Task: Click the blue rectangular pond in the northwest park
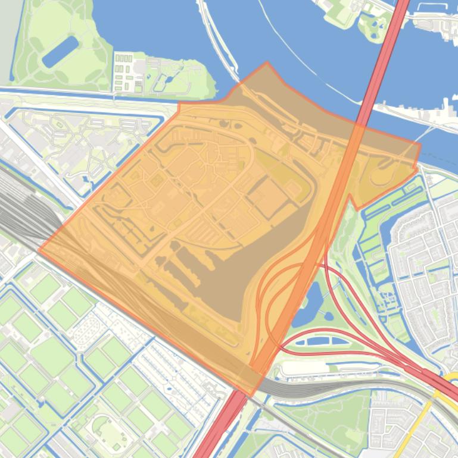pos(60,51)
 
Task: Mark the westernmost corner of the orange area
pos(39,250)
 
